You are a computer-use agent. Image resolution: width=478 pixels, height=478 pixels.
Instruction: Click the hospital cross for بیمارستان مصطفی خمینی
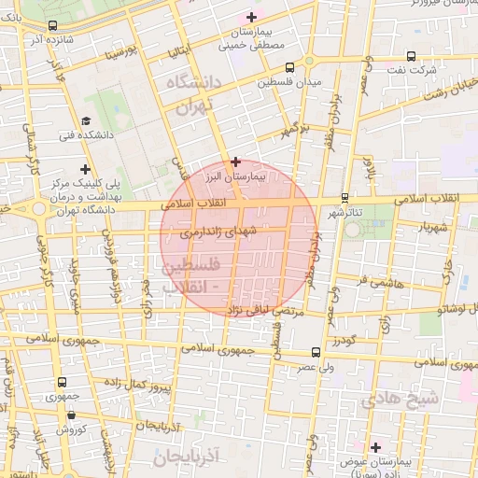(250, 17)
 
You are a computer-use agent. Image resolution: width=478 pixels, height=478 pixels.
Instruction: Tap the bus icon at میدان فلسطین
(289, 67)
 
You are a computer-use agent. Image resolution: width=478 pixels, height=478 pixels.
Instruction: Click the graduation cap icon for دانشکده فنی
(86, 120)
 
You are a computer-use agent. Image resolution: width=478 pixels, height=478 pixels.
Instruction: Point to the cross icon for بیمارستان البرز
(236, 161)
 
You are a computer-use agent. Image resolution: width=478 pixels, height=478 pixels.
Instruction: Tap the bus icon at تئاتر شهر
(345, 197)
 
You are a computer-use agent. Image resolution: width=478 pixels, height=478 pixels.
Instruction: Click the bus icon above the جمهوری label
(62, 382)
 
